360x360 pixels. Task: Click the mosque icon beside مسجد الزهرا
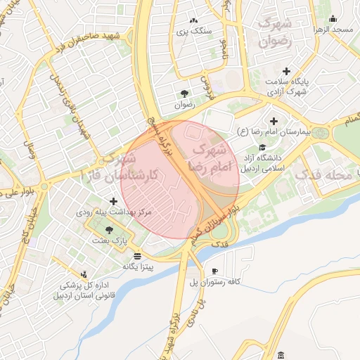pos(333,19)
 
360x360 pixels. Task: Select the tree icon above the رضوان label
pos(184,94)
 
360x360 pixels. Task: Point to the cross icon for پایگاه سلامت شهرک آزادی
pos(285,71)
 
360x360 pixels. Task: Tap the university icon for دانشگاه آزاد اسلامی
pos(262,147)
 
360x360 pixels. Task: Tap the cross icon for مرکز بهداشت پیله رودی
pos(113,201)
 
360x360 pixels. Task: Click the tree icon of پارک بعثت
pos(108,229)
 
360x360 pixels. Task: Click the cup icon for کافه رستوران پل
pos(214,271)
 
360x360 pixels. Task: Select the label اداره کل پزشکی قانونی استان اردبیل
pos(76,290)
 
